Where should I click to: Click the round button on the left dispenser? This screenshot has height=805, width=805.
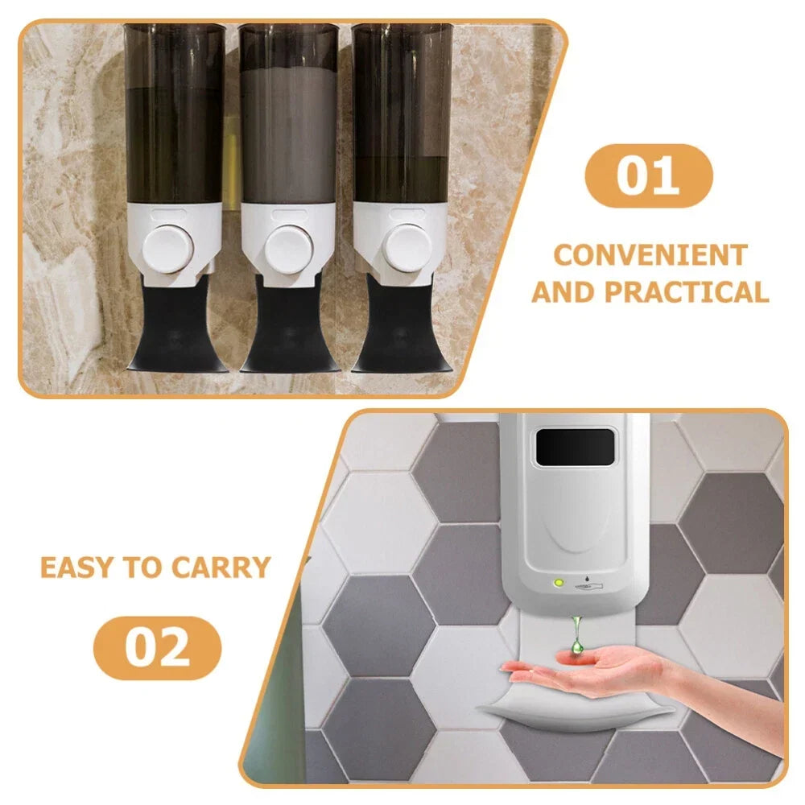(x=168, y=250)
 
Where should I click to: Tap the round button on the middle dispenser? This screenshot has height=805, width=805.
(x=288, y=250)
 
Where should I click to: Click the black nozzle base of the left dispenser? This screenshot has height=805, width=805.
(x=175, y=324)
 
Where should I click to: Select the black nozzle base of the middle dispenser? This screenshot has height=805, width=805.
(x=289, y=324)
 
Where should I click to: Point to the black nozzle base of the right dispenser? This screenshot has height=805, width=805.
(x=401, y=324)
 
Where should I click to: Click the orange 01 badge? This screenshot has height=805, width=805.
(x=648, y=176)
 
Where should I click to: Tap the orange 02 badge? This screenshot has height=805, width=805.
(x=157, y=648)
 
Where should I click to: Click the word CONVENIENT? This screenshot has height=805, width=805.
(x=650, y=255)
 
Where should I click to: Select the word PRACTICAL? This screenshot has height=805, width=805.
(x=687, y=293)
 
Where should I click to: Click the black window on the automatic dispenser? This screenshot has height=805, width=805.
(x=575, y=447)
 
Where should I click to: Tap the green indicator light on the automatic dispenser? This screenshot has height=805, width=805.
(x=559, y=583)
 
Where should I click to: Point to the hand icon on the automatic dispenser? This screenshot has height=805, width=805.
(x=589, y=585)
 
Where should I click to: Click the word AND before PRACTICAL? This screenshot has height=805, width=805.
(x=563, y=293)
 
